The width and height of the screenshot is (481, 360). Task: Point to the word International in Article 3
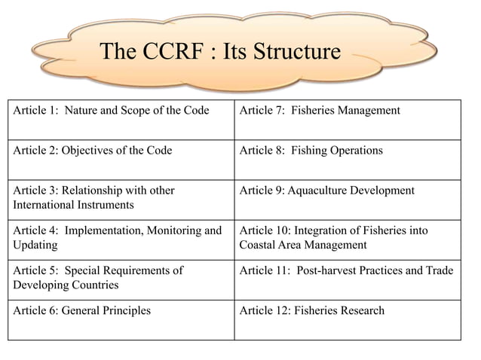(45, 204)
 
